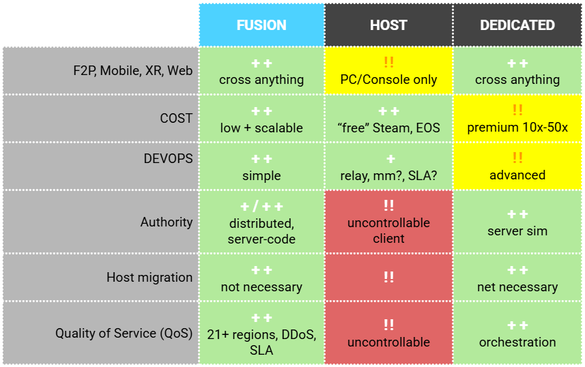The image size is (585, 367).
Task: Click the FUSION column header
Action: [x=261, y=25]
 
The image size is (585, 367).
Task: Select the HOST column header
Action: [x=388, y=25]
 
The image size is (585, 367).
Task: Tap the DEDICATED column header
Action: [x=517, y=25]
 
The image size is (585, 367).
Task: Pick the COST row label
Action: [x=176, y=119]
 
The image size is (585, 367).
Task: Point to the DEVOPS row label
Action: [x=167, y=158]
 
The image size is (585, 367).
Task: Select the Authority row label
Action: [x=167, y=222]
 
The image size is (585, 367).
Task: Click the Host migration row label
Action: [x=149, y=278]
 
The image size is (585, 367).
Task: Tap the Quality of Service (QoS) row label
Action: [x=124, y=334]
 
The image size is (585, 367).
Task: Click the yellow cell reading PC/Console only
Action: [x=388, y=71]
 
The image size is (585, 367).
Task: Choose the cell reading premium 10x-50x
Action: [x=517, y=119]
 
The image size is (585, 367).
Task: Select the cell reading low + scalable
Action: [x=261, y=119]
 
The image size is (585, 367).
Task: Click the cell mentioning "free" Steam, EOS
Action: [x=388, y=119]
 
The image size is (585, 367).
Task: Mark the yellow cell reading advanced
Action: [x=517, y=166]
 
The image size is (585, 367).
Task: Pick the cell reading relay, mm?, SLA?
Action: [x=388, y=166]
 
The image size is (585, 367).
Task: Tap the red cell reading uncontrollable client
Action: [x=388, y=222]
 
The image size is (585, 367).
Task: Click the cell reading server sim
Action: [x=517, y=222]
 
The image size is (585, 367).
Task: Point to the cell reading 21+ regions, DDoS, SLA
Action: [x=261, y=334]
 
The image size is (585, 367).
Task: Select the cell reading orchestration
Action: [x=517, y=334]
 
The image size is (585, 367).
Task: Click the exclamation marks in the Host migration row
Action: [x=388, y=277]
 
